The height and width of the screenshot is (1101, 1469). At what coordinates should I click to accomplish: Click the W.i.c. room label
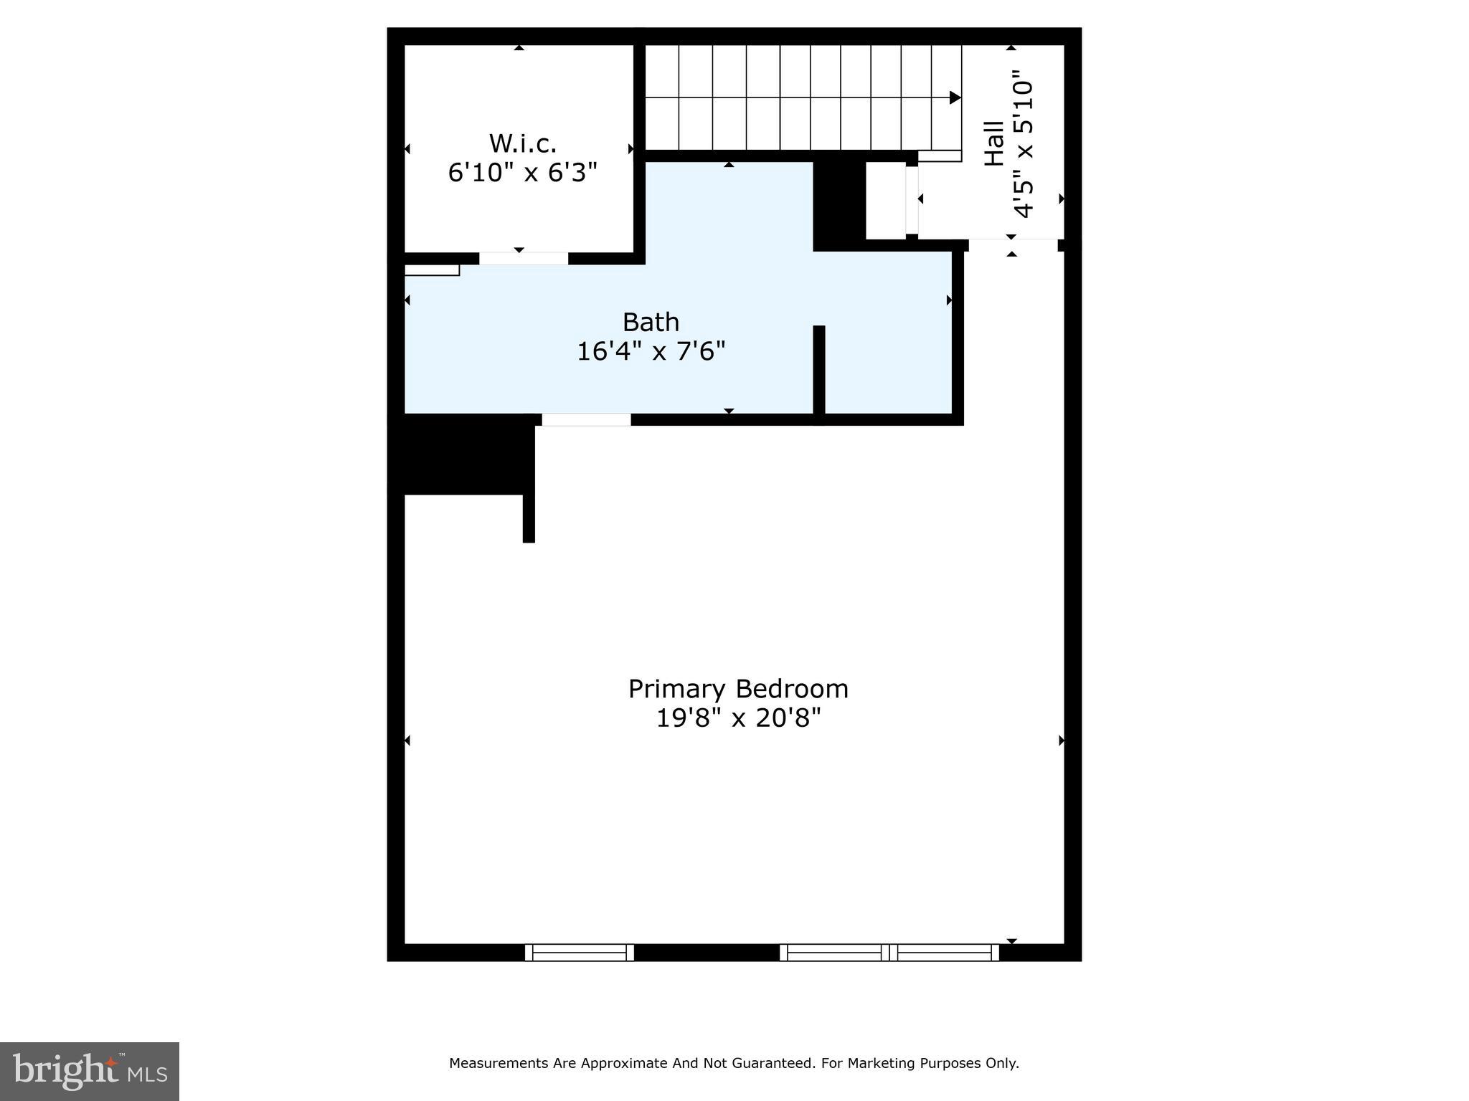click(x=522, y=143)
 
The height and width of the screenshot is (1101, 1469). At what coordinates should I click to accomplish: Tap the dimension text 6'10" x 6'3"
click(x=522, y=173)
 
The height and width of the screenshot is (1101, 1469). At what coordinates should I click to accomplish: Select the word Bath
click(x=651, y=322)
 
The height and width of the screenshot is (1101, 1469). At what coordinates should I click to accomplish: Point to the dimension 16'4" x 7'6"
click(x=651, y=351)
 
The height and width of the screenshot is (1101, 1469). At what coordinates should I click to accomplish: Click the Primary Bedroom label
click(x=738, y=689)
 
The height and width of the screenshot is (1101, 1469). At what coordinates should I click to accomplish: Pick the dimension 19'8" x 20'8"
click(x=738, y=718)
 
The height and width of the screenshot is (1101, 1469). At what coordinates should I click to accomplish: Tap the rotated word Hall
click(x=993, y=143)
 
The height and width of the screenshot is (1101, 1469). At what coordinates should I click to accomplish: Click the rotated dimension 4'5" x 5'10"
click(x=1024, y=143)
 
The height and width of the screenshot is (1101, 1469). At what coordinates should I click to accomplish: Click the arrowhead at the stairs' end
click(x=955, y=97)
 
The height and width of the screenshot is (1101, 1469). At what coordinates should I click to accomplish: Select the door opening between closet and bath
click(x=524, y=259)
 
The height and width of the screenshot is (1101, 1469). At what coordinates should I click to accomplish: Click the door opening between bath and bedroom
click(x=586, y=420)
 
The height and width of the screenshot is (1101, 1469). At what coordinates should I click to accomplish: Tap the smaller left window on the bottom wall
click(x=580, y=953)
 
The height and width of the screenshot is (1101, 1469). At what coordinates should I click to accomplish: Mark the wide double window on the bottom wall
click(x=889, y=953)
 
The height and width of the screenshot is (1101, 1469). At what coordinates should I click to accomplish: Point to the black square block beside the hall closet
click(x=839, y=204)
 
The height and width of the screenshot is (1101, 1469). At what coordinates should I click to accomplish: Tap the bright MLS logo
click(x=90, y=1071)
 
